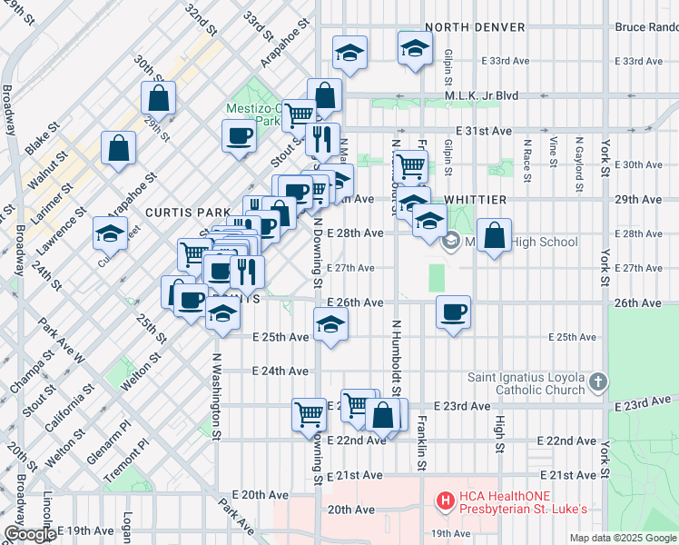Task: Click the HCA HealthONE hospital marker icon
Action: [446, 500]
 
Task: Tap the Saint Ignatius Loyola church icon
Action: [597, 383]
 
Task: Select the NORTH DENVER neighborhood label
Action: [475, 27]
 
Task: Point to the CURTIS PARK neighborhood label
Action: [181, 212]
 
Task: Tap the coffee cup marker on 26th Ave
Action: [453, 312]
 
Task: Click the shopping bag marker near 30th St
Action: [158, 97]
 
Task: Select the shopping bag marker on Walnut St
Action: [118, 148]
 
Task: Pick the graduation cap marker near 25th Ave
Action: [331, 324]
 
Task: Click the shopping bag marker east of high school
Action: [493, 236]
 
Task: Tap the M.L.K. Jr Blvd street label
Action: [480, 95]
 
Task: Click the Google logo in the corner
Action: [29, 535]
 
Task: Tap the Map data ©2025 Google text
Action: [622, 538]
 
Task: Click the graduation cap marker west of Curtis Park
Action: [110, 233]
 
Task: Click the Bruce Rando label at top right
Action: [645, 27]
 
